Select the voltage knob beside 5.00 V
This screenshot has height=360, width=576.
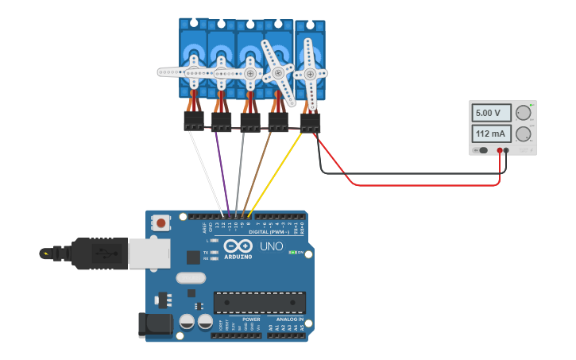[523, 113]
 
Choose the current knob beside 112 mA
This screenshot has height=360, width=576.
[523, 134]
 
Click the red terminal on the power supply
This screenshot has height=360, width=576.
[500, 149]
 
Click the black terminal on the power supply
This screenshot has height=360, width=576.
[507, 149]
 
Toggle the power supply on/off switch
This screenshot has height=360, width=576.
[478, 149]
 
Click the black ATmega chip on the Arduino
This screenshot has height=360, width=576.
[259, 302]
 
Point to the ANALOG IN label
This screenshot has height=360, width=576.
[287, 319]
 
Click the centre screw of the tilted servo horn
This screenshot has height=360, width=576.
[278, 73]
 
